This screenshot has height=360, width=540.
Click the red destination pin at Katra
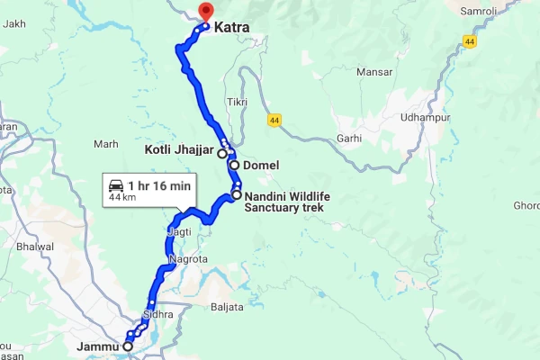pyautogui.click(x=204, y=12)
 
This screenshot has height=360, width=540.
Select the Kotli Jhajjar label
pyautogui.click(x=180, y=148)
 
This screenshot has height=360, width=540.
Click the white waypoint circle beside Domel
pyautogui.click(x=234, y=166)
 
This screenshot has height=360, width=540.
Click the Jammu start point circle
pyautogui.click(x=128, y=346)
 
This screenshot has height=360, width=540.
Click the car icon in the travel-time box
pyautogui.click(x=116, y=184)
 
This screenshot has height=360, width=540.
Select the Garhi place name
pyautogui.click(x=349, y=139)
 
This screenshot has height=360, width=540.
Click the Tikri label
pyautogui.click(x=238, y=102)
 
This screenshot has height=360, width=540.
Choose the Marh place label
pyautogui.click(x=105, y=143)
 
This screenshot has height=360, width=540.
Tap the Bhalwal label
pyautogui.click(x=35, y=246)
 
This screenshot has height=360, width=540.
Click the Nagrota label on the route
pyautogui.click(x=188, y=259)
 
